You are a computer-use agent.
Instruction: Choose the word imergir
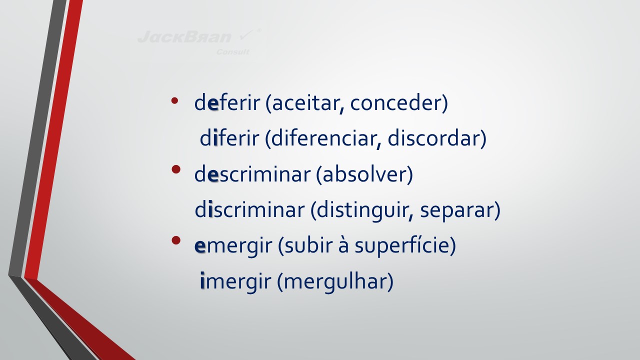pos(235,282)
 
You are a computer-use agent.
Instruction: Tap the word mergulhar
pos(335,282)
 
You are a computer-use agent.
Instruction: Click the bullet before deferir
pos(174,100)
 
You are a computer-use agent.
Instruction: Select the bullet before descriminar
pos(176,169)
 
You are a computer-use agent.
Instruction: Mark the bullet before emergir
pos(176,240)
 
